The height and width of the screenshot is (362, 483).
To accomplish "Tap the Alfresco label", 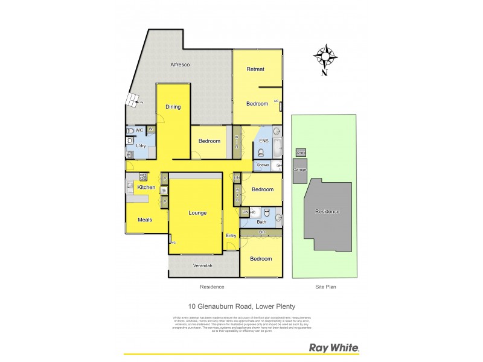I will (180, 65).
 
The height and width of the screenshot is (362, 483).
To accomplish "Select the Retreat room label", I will (255, 69).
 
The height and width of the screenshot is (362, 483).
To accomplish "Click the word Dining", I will (173, 107).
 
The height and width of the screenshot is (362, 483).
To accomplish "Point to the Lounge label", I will (197, 213).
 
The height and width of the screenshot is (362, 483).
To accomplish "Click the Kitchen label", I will (146, 188).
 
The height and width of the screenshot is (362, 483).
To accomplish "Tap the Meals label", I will (144, 220).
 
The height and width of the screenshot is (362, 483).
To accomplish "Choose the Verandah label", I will (202, 265).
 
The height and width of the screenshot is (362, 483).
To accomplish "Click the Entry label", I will (231, 236).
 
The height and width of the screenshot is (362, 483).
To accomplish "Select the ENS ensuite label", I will (263, 141).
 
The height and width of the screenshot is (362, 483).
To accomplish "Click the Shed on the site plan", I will (301, 153).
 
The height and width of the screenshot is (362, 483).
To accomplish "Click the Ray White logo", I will (334, 348).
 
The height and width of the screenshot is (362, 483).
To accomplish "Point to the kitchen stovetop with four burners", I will (144, 177).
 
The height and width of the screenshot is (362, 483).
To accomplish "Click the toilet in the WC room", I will (130, 130).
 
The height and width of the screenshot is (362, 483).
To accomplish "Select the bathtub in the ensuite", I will (277, 147).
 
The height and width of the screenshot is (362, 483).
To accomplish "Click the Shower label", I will (263, 165).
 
